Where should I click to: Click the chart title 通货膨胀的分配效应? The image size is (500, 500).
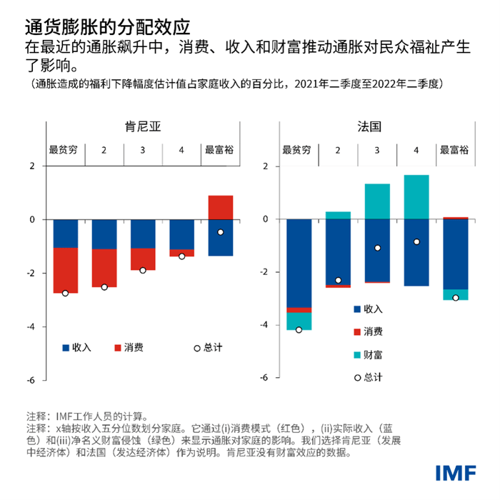click(107, 26)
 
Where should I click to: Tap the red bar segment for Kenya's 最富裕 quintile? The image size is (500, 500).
click(220, 207)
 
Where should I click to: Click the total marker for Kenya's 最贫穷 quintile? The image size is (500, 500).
click(66, 293)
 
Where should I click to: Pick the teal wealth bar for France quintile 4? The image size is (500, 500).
click(416, 196)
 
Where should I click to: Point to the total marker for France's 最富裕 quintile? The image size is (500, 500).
click(456, 297)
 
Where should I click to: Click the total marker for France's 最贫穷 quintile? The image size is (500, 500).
click(299, 329)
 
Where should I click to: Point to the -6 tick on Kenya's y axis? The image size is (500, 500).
click(31, 381)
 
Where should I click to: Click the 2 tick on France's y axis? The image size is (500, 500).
click(266, 167)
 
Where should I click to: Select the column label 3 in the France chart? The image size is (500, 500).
click(377, 151)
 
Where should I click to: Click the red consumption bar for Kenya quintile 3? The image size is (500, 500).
click(143, 259)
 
